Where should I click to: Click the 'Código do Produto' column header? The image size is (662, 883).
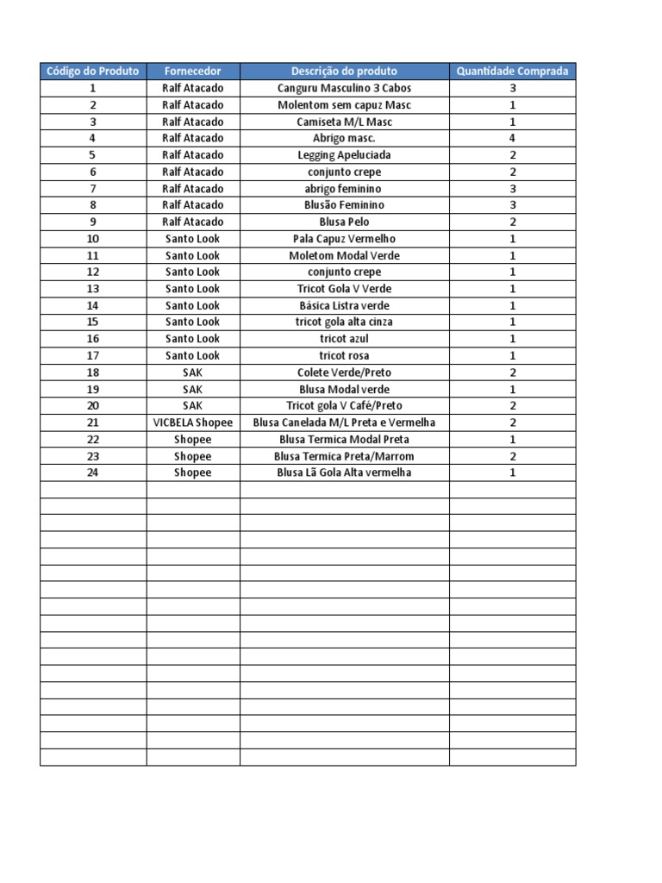(93, 72)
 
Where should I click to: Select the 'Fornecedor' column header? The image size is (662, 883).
(193, 72)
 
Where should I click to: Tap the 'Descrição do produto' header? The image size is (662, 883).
(344, 72)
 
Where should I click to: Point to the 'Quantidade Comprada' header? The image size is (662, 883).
(512, 72)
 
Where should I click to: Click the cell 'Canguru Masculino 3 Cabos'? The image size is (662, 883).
(344, 88)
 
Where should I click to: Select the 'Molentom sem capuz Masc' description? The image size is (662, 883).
(344, 105)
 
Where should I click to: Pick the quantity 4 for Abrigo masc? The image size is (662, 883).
(512, 138)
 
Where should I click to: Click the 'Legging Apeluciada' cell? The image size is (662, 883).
(344, 155)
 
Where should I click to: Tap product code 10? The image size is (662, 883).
(93, 239)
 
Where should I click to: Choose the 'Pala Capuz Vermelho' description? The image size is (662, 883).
(344, 239)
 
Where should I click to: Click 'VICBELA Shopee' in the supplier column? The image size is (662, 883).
(193, 423)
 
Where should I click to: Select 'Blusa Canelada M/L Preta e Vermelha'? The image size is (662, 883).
(344, 423)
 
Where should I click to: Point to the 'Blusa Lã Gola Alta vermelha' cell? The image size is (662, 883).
(344, 473)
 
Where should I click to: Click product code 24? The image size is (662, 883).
(93, 473)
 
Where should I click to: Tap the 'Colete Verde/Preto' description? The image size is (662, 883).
(344, 373)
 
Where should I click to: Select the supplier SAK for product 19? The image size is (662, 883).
(193, 389)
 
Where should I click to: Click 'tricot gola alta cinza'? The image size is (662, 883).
(344, 322)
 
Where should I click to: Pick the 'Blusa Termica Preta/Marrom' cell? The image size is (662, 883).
(344, 456)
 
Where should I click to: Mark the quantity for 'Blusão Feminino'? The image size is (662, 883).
(512, 205)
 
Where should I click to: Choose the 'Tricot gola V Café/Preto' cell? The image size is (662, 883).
(344, 406)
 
